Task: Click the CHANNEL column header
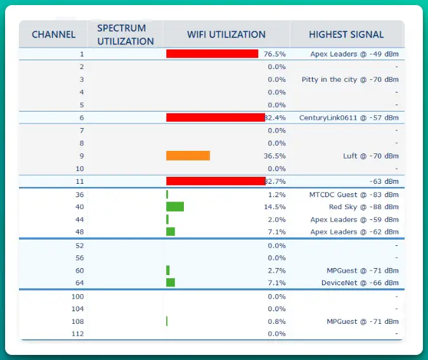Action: coord(53,34)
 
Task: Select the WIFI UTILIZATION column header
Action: coord(226,34)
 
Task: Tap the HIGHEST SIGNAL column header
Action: coord(346,34)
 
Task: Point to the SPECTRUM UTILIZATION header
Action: coord(126,34)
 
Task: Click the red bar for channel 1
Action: coord(212,54)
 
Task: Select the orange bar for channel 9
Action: coord(188,156)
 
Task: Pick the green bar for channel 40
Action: coord(175,207)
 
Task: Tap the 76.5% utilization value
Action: coord(275,55)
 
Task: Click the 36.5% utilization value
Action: coord(275,156)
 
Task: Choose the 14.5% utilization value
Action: coord(275,207)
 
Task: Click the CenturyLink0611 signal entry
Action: coord(349,118)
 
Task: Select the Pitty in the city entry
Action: coord(350,80)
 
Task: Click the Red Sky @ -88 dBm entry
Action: coord(363,207)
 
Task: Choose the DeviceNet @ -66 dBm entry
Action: coord(360,283)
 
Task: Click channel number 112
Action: coord(77,333)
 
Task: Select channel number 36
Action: coord(79,195)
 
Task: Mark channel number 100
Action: coord(77,296)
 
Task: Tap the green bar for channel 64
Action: coord(171,283)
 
